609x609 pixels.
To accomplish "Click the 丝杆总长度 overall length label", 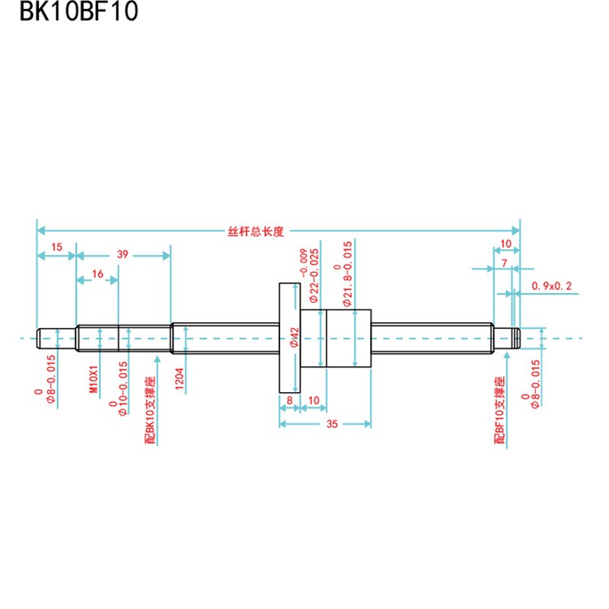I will [x=256, y=231].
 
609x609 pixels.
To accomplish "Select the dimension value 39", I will [x=123, y=255].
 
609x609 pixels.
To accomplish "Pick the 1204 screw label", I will [x=180, y=378].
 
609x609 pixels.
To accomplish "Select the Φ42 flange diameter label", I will [x=294, y=338].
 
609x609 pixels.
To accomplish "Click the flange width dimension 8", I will [x=290, y=399].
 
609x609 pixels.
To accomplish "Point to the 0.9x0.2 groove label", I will [x=551, y=286].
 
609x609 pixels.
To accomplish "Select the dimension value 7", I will [x=505, y=262].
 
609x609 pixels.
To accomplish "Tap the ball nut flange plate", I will [x=290, y=337].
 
